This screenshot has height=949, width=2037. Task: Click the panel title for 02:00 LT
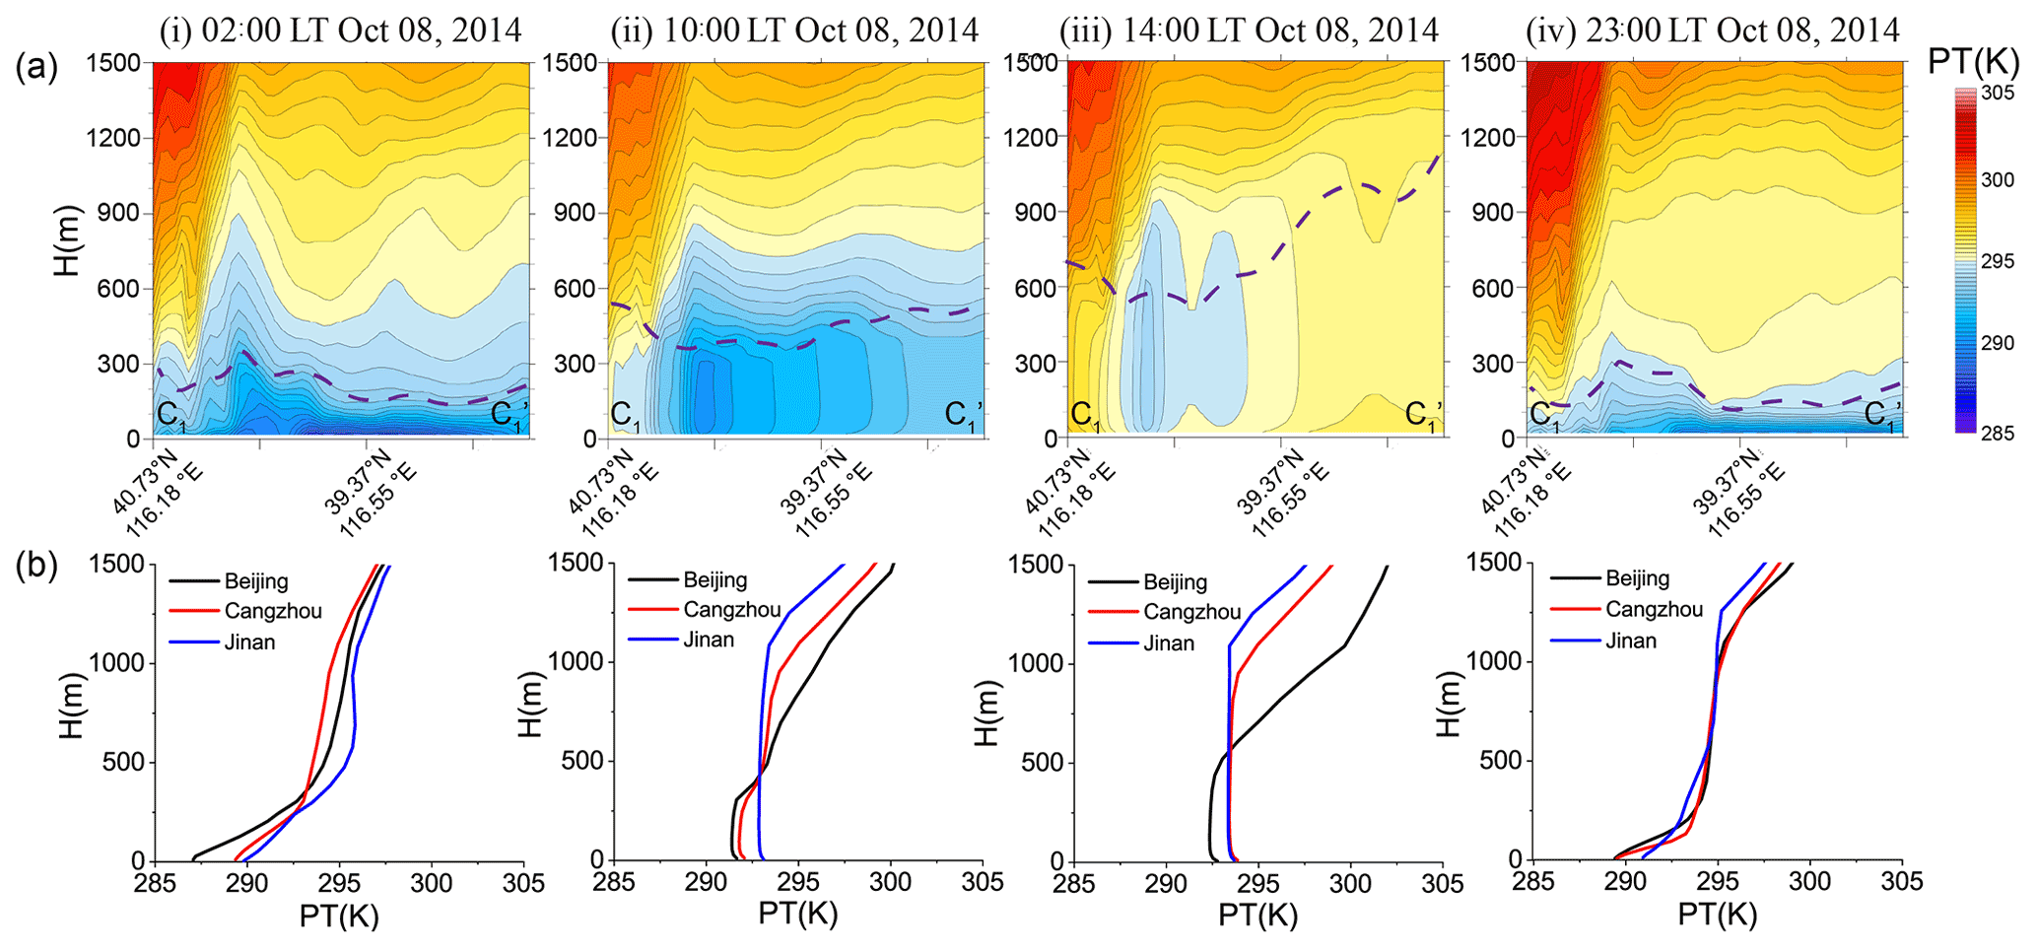click(x=340, y=30)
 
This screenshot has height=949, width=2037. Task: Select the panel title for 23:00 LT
click(x=1713, y=30)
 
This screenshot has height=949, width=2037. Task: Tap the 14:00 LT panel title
click(x=1249, y=30)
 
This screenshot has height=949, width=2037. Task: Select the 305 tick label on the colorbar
click(x=1998, y=94)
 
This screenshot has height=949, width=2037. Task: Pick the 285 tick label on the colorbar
click(x=1998, y=433)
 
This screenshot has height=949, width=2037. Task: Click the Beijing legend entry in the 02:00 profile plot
click(x=256, y=580)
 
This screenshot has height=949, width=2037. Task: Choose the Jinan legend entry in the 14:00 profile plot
click(x=1169, y=644)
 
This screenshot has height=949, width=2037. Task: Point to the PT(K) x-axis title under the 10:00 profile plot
click(x=797, y=914)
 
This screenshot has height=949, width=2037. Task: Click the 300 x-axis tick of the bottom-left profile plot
click(x=431, y=883)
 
